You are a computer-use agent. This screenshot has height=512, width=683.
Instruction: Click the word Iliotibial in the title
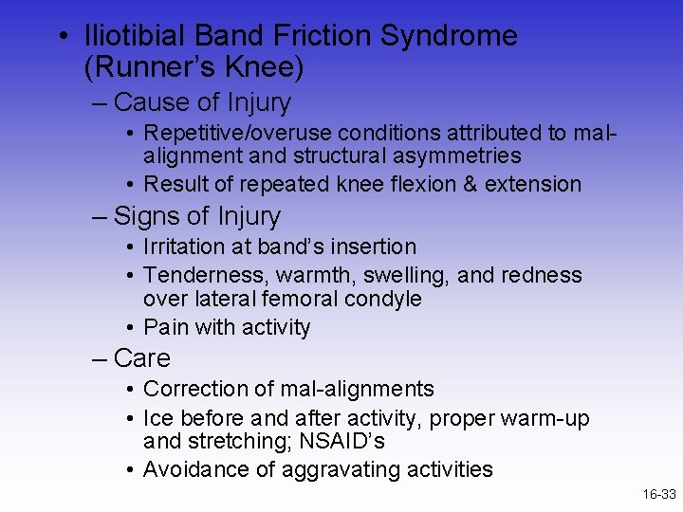[x=135, y=37]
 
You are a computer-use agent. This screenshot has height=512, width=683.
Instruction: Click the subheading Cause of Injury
[x=202, y=102]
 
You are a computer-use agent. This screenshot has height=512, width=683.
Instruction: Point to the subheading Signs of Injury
[x=196, y=216]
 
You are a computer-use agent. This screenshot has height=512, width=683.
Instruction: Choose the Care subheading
[x=141, y=358]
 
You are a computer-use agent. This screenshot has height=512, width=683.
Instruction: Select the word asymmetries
[x=458, y=155]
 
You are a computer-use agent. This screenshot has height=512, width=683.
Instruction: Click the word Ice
[x=157, y=417]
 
